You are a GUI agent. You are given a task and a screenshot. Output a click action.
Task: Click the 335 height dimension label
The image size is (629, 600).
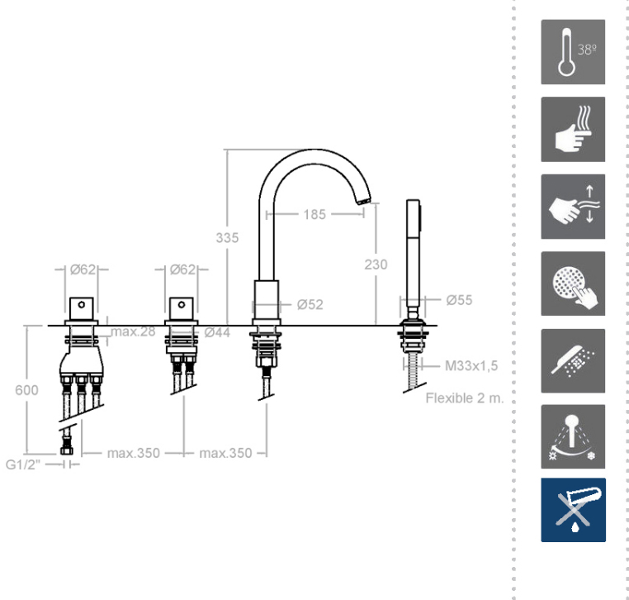(227, 238)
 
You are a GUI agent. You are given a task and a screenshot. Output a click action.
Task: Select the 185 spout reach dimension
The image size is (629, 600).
(314, 214)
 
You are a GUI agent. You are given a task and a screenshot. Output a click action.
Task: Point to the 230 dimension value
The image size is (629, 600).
(376, 264)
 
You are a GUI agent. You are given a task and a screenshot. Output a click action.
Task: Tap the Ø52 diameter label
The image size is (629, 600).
(310, 304)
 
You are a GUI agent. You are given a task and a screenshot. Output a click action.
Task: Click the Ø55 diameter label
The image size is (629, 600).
(459, 300)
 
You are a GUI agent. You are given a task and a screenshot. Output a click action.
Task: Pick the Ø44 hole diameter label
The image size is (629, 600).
(217, 332)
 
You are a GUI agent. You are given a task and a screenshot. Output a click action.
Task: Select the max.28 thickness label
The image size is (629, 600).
(133, 331)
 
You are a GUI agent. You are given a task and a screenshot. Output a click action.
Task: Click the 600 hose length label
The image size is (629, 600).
(26, 390)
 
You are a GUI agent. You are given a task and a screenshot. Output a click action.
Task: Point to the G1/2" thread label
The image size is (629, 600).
(23, 464)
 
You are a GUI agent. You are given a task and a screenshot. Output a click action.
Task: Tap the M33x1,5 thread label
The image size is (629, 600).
(471, 366)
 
